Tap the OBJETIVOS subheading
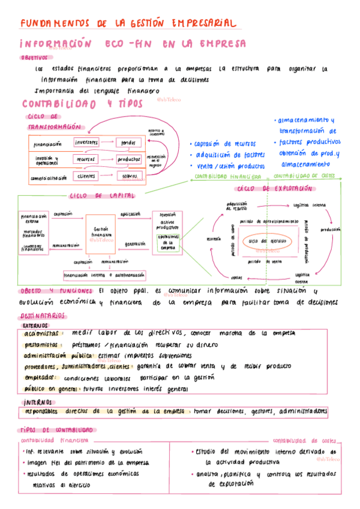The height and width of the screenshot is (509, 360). [x=34, y=58]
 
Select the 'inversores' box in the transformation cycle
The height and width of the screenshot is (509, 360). [x=86, y=142]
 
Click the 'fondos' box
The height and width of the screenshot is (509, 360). [x=128, y=142]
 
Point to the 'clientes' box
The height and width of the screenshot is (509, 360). [x=86, y=176]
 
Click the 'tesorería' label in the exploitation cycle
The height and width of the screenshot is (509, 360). [x=214, y=238]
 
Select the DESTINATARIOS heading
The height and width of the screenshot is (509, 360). [x=43, y=316]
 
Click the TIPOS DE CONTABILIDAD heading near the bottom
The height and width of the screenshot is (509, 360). [x=58, y=430]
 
